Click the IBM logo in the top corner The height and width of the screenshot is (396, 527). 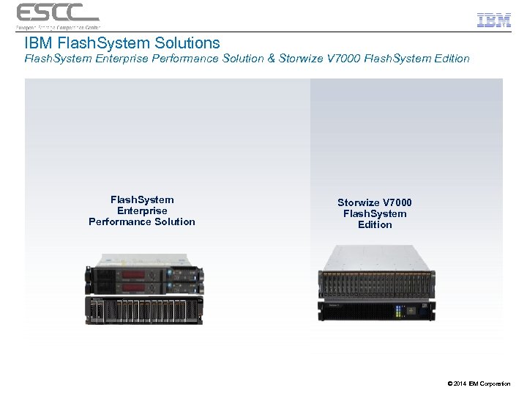(x=494, y=19)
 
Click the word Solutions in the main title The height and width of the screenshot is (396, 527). (x=184, y=43)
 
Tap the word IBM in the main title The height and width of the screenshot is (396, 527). (x=38, y=43)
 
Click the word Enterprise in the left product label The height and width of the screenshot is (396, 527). (x=142, y=210)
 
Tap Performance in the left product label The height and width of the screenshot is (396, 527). (x=121, y=221)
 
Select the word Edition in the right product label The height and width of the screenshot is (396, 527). (x=375, y=224)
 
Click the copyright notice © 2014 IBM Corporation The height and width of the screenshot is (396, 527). (x=478, y=384)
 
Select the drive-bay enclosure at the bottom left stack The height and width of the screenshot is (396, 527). (x=143, y=310)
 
